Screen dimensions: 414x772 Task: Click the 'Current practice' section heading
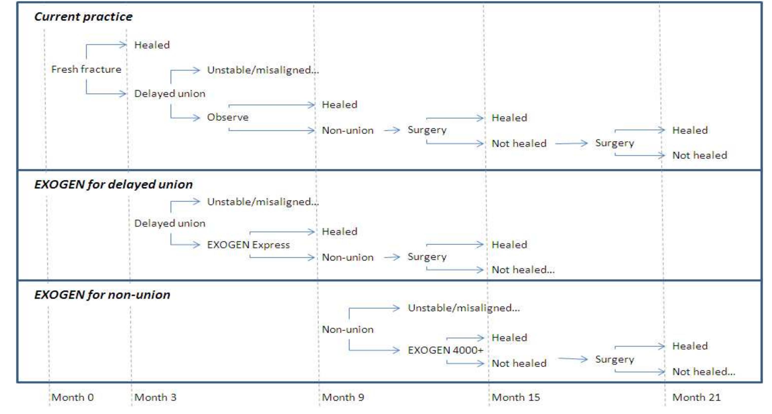click(83, 17)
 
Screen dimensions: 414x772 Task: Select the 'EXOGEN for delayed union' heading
click(113, 184)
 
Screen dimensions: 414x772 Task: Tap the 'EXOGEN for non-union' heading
click(102, 295)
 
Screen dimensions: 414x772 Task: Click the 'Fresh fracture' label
click(86, 69)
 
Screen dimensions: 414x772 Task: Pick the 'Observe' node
click(228, 117)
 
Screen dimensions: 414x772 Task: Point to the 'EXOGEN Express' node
click(248, 245)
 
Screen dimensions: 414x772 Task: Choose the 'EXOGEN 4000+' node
click(445, 350)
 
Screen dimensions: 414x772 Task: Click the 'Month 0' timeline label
click(72, 397)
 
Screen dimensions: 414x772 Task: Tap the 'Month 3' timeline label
click(155, 397)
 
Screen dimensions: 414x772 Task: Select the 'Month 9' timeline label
click(343, 397)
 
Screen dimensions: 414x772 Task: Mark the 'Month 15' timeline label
click(516, 397)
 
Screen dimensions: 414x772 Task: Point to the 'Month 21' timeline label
click(696, 397)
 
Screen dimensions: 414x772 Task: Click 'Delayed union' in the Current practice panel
click(170, 93)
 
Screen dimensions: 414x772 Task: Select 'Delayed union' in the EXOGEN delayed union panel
click(170, 223)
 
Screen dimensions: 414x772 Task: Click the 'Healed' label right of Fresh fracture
click(152, 45)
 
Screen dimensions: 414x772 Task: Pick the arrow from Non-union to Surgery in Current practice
click(392, 130)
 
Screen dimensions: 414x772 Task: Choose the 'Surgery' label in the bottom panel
click(614, 359)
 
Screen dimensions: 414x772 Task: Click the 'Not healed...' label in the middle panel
click(523, 270)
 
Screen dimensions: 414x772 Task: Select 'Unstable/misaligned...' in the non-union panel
click(464, 308)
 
